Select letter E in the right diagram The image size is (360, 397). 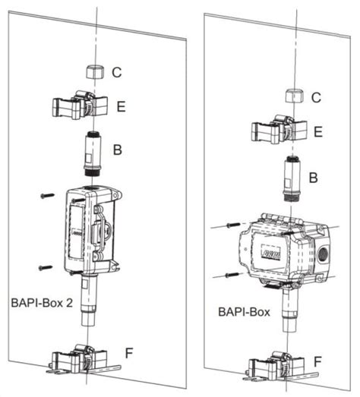pos(318,133)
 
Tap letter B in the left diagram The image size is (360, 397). pos(117,150)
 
